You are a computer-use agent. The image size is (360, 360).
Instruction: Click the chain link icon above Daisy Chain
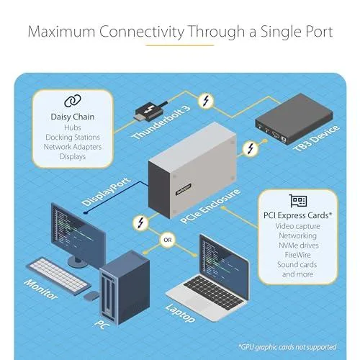point(73,101)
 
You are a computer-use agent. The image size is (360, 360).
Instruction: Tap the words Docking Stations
point(73,138)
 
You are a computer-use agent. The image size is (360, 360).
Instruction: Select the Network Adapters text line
point(73,147)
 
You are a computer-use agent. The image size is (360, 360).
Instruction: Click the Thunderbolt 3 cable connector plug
point(149,112)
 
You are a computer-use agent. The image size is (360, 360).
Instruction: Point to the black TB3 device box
point(294,119)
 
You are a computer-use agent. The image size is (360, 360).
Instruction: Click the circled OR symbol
point(168,240)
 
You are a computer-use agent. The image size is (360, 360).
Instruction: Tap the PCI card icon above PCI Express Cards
point(298,201)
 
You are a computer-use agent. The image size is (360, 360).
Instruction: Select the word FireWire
point(297,255)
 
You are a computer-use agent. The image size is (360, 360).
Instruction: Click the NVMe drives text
point(299,246)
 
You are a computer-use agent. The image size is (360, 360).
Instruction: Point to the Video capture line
point(297,226)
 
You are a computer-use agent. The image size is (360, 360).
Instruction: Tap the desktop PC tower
point(125,287)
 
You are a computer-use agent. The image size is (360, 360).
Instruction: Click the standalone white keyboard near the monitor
point(58,276)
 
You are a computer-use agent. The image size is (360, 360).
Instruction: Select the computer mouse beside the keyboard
point(91,296)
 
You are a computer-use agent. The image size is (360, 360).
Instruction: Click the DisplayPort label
point(107,192)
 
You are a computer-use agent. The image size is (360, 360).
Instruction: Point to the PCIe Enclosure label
point(210,207)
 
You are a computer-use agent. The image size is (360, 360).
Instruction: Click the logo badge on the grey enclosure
point(184,189)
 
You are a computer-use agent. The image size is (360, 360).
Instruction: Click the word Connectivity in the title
point(142,32)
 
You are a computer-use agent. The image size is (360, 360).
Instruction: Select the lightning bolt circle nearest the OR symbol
point(140,222)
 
